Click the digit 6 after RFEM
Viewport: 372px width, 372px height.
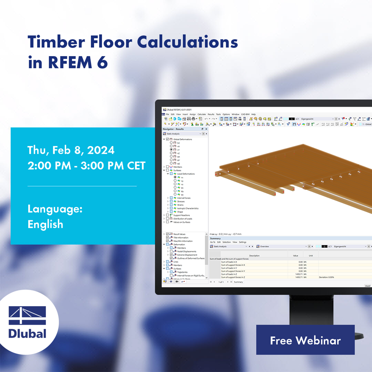pos(102,63)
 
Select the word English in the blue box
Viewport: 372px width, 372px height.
pos(45,224)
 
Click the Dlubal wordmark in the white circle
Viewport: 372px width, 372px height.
pos(28,334)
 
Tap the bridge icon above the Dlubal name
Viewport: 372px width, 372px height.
pos(28,315)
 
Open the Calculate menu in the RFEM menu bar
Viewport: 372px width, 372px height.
pos(202,114)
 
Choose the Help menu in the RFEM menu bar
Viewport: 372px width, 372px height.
pos(253,114)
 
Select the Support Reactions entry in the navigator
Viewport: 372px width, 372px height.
pos(182,215)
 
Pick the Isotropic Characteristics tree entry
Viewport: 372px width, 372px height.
pos(188,208)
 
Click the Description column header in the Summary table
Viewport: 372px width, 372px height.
pos(254,256)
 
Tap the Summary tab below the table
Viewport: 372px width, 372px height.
pos(238,282)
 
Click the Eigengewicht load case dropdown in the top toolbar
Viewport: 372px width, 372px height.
pos(317,119)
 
